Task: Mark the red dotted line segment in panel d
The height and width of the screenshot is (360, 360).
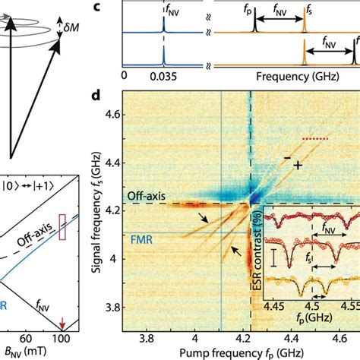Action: pyautogui.click(x=313, y=139)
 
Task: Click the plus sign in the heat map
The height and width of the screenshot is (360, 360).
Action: pyautogui.click(x=298, y=164)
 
